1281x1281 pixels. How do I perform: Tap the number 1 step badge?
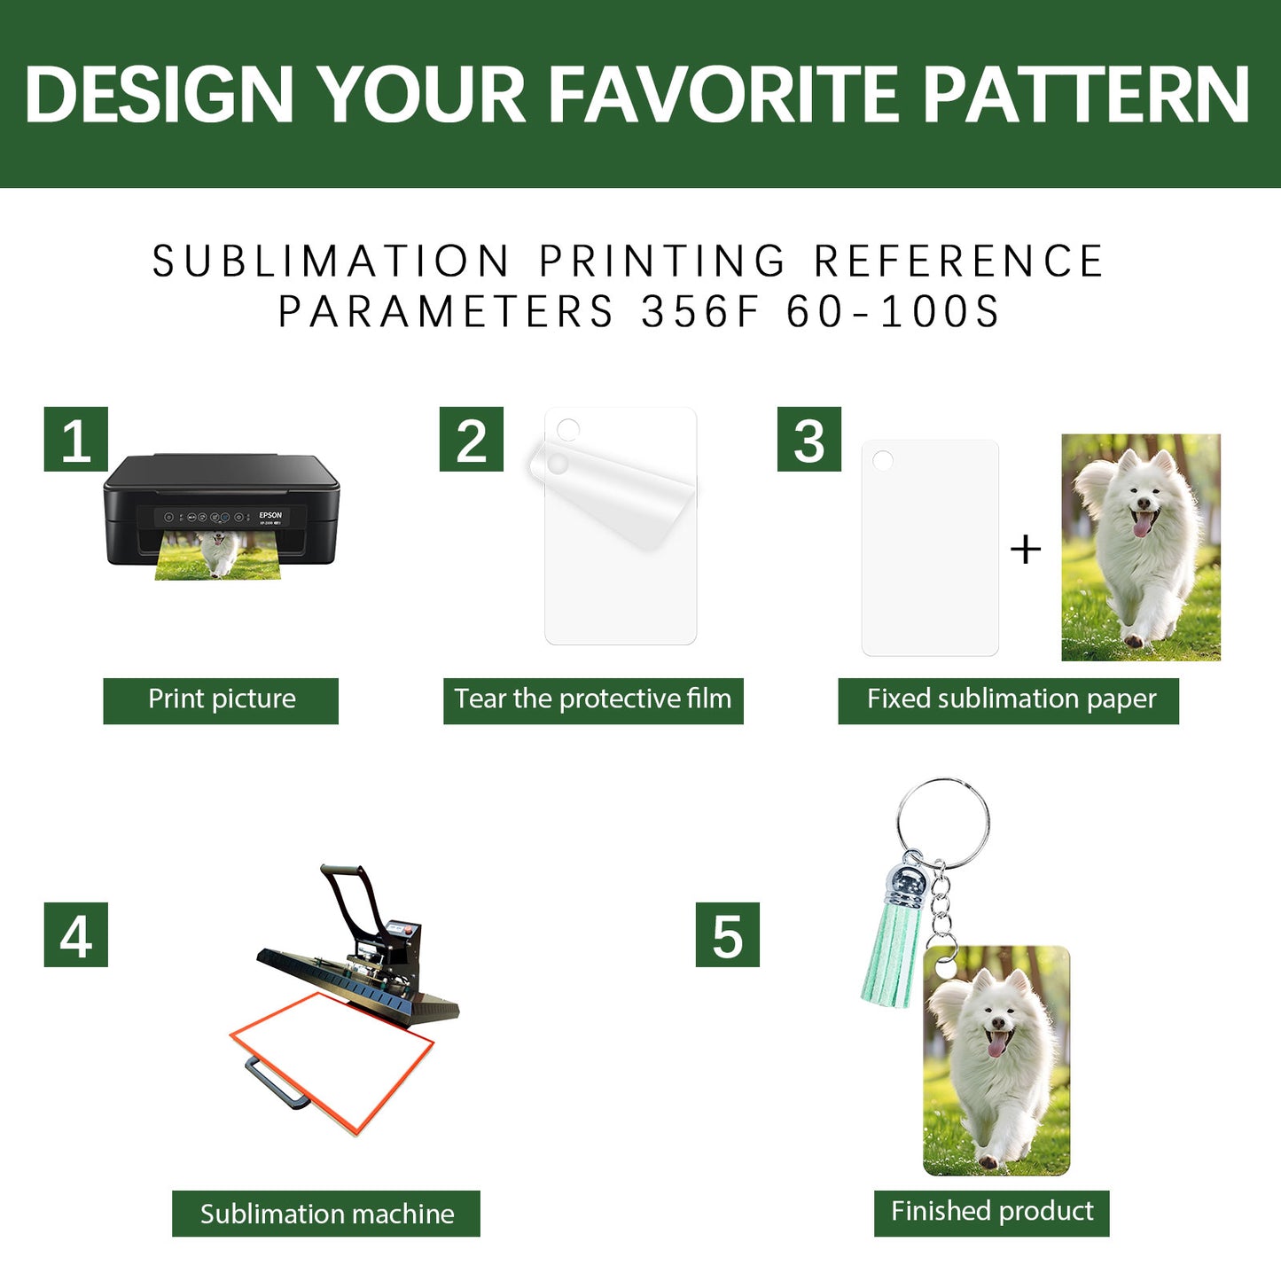[75, 439]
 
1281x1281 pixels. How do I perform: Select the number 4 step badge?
[75, 934]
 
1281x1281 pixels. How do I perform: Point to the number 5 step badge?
[727, 934]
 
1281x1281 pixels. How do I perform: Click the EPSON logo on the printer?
[270, 515]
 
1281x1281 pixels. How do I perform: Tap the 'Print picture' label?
[221, 700]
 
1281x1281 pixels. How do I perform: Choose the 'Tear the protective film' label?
[593, 700]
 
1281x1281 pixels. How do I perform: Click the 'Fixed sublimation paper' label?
[1009, 700]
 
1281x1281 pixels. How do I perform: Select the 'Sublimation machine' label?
[325, 1214]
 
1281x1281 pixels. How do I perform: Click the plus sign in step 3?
[1026, 550]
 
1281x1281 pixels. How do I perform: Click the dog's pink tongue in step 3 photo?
[1142, 525]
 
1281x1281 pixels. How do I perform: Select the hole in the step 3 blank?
[883, 460]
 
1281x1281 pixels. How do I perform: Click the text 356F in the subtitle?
[700, 312]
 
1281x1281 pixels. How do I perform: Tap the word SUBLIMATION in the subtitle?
[331, 261]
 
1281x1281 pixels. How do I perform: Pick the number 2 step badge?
[472, 439]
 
